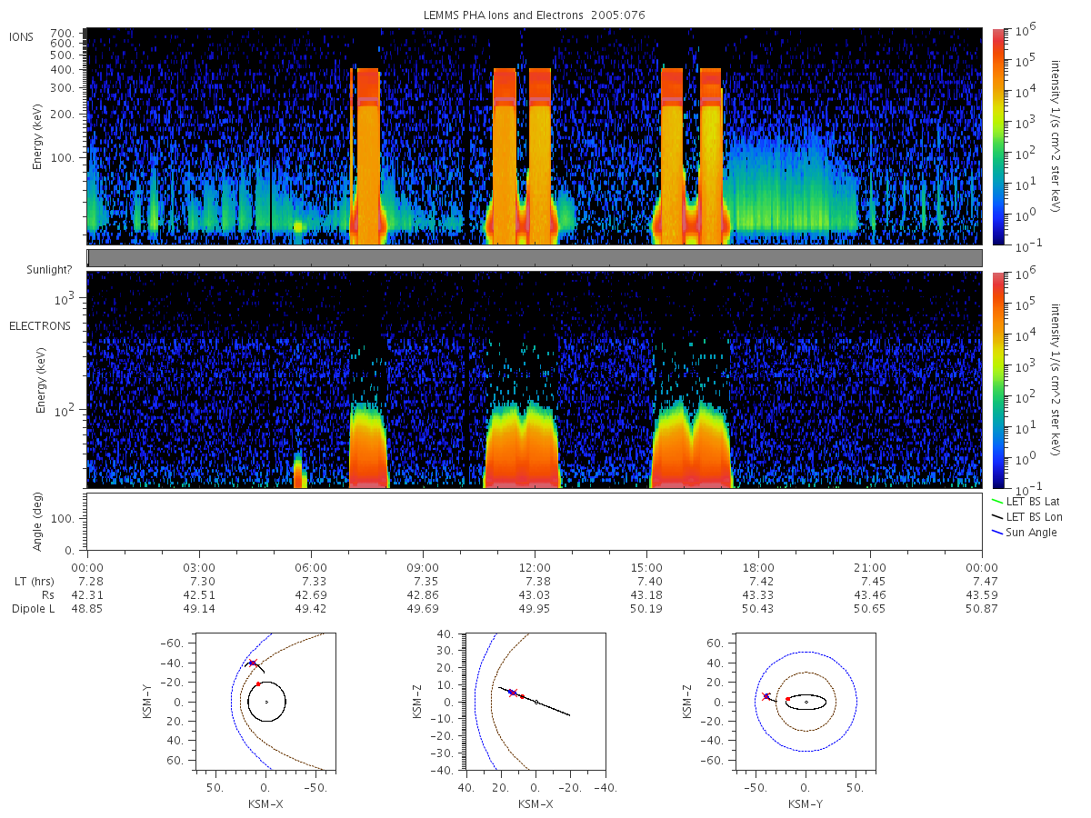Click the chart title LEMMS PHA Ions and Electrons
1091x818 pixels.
tap(503, 15)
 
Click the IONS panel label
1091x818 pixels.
tap(22, 37)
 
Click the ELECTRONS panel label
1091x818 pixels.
tap(40, 326)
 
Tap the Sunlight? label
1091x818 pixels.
tap(49, 270)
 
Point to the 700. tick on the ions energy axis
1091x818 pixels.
tap(62, 34)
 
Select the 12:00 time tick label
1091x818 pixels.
tap(535, 568)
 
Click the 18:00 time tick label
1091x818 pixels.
tap(758, 568)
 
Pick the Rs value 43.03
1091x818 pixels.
tap(535, 595)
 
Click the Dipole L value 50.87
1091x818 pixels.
tap(982, 608)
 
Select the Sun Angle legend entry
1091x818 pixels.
tap(1025, 533)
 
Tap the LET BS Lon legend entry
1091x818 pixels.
tap(1027, 517)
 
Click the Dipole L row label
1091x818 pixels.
tap(34, 608)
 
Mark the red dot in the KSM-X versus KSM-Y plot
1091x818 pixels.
tap(258, 684)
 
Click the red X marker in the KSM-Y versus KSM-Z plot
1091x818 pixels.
tap(766, 696)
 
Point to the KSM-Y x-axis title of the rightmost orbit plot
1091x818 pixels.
tap(806, 804)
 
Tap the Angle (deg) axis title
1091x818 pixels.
tap(37, 522)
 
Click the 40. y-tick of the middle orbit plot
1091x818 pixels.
tap(446, 634)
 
